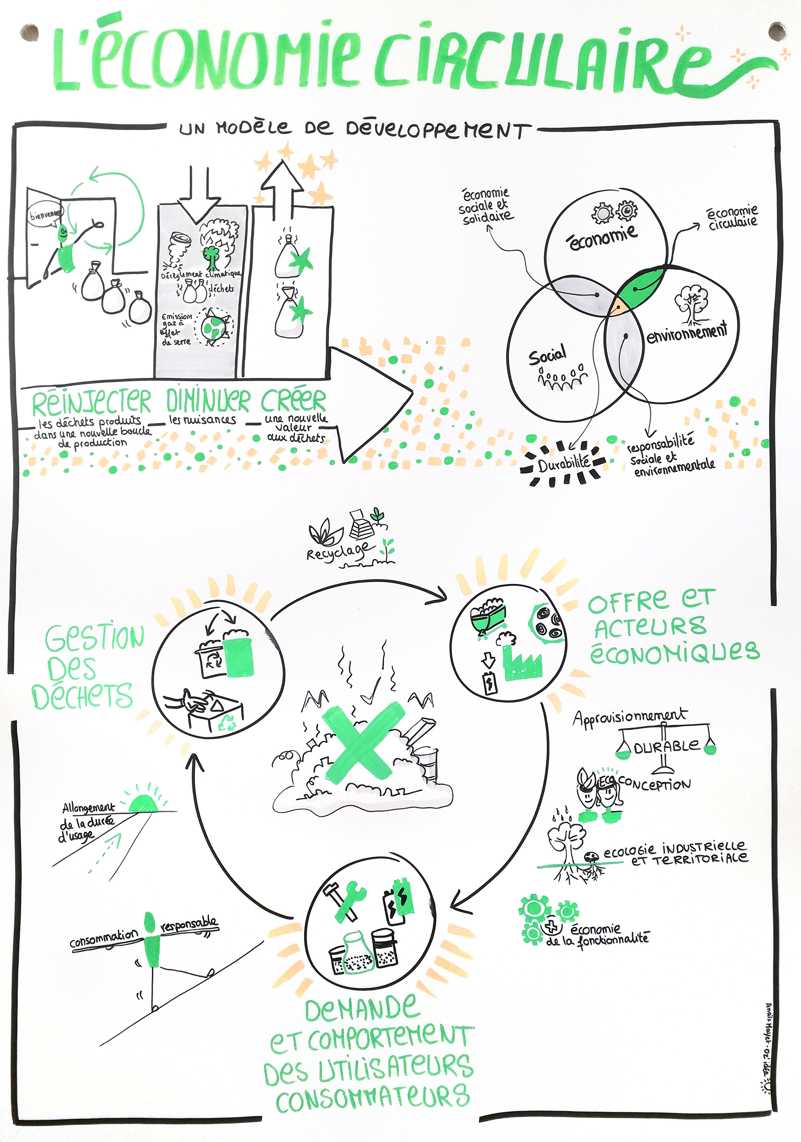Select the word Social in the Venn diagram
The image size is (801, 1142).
(547, 355)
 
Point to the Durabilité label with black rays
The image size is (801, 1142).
(564, 464)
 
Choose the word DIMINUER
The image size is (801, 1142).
(208, 401)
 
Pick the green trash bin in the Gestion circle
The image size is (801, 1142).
(239, 657)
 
